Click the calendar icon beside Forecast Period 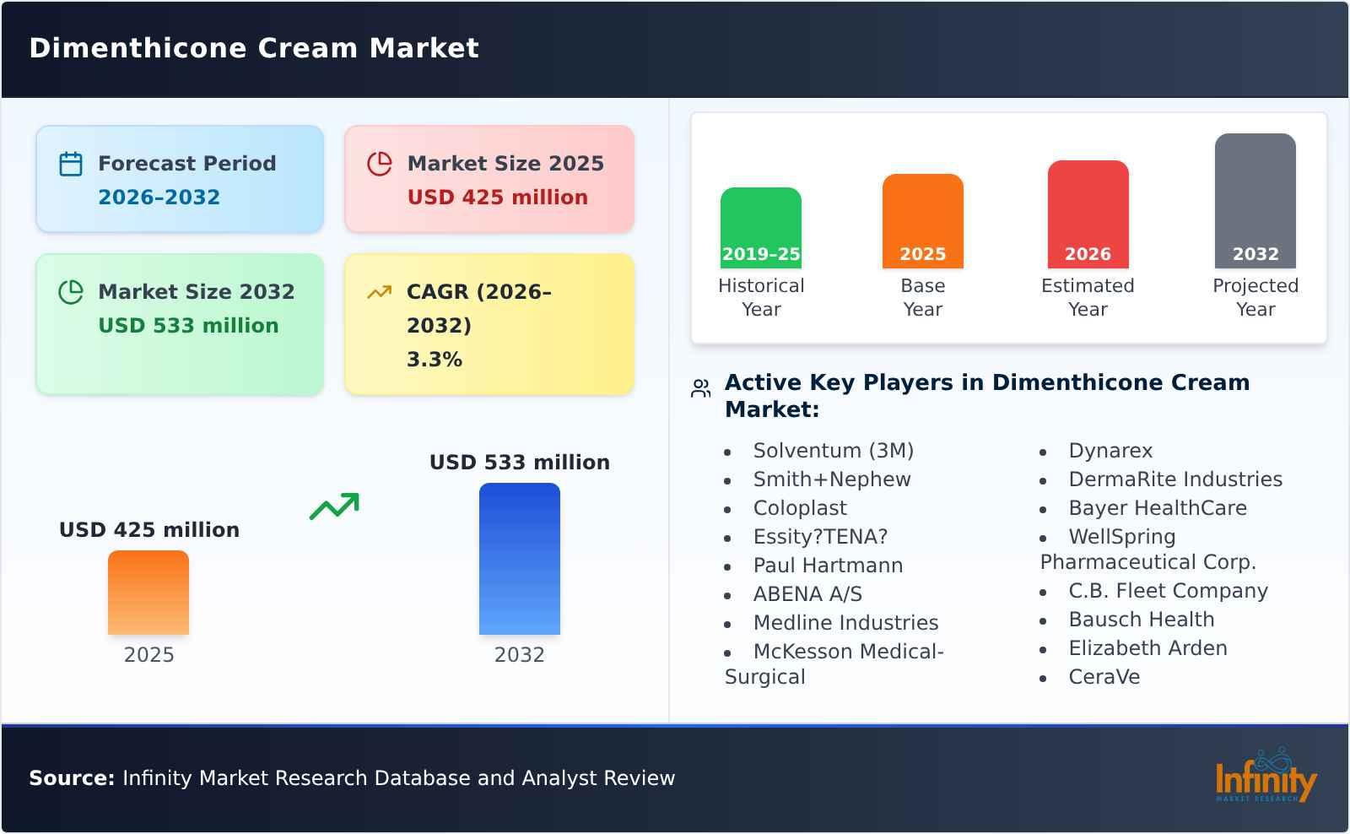[71, 164]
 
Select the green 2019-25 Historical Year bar [760, 227]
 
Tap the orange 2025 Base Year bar [922, 220]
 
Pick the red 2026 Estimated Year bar [1088, 214]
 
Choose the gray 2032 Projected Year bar [1255, 200]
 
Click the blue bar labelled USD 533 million [519, 558]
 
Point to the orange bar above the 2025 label [148, 592]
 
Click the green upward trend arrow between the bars [334, 506]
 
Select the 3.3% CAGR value [434, 360]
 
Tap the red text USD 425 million [497, 198]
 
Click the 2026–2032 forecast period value [159, 198]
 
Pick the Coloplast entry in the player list [799, 508]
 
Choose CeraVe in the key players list [1104, 677]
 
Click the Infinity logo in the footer [1265, 777]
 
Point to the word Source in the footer [72, 778]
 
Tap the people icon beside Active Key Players [700, 388]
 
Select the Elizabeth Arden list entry [1147, 648]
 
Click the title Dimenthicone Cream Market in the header [254, 48]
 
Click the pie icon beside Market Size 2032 [71, 292]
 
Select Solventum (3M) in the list [833, 451]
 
